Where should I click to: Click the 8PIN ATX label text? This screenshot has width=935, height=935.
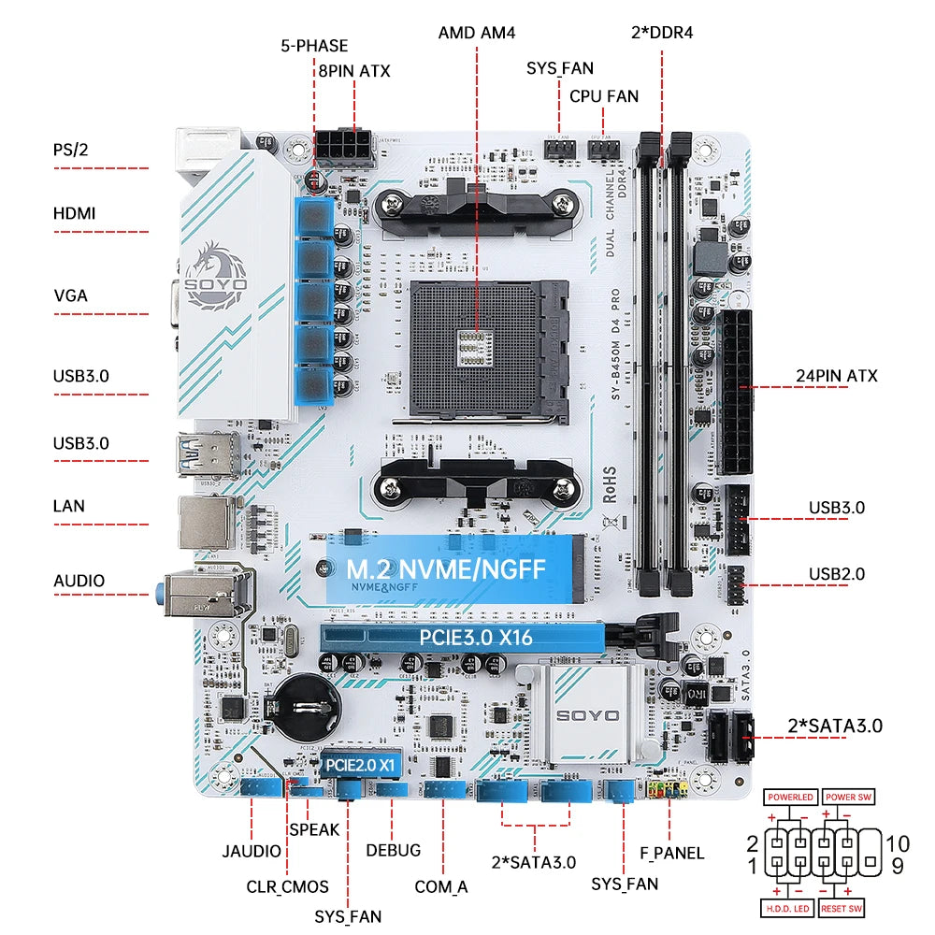(354, 70)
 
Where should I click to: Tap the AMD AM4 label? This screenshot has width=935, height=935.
(476, 33)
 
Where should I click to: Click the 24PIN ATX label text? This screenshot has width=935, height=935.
(837, 377)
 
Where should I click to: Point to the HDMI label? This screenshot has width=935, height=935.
(75, 214)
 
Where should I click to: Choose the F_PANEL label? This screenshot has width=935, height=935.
(672, 853)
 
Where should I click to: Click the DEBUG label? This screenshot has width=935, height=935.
(393, 850)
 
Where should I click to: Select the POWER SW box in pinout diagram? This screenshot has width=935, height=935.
(849, 797)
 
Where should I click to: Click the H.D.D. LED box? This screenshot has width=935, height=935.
(788, 908)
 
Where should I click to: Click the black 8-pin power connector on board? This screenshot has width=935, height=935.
(343, 145)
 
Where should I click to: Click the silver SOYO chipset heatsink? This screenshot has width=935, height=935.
(587, 714)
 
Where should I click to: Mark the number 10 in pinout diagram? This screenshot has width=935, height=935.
(898, 843)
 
